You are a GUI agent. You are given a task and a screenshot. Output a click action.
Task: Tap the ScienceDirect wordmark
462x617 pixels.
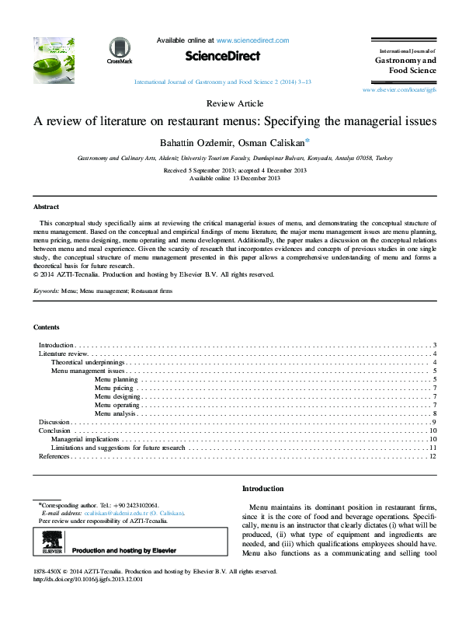tap(222, 56)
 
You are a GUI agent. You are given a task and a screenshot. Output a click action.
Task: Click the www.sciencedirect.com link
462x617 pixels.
tap(252, 40)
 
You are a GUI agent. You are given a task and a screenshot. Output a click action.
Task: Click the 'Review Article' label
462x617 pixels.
tap(234, 103)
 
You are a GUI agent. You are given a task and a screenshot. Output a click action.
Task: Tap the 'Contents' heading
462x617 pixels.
tap(47, 327)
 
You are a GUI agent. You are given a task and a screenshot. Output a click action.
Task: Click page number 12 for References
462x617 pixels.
tap(432, 457)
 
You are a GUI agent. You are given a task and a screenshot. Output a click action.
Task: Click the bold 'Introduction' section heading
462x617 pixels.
tap(263, 489)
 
